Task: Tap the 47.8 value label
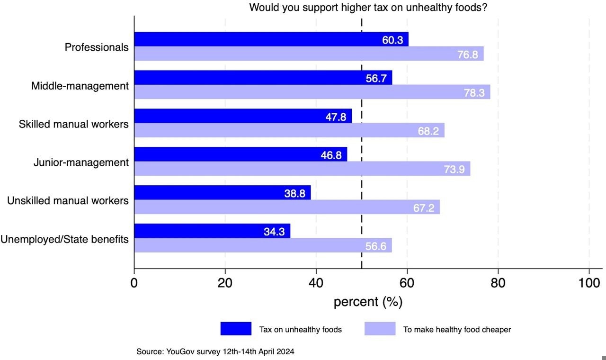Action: point(336,117)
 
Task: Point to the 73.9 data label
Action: point(454,169)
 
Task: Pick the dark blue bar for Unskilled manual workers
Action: point(223,192)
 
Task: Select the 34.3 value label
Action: point(274,232)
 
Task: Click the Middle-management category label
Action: point(80,86)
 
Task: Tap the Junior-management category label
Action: point(81,162)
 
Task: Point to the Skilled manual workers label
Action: point(73,124)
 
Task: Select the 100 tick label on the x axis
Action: point(589,283)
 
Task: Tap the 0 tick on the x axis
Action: point(134,283)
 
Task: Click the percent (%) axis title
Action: point(368,302)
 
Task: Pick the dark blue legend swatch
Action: point(236,329)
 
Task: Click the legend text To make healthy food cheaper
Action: point(457,329)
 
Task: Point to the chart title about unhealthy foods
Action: point(368,8)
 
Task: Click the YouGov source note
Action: point(215,351)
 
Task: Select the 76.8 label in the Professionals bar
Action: point(467,54)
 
